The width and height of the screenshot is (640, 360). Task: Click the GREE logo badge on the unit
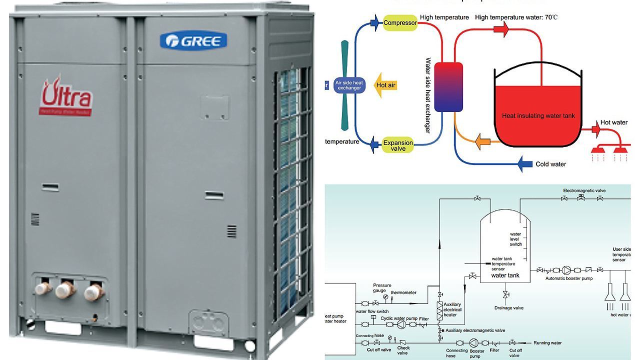(193, 40)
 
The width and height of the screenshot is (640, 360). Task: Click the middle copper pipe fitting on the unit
(65, 289)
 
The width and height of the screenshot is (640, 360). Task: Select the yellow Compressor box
(400, 22)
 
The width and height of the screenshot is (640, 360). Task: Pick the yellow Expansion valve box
(398, 145)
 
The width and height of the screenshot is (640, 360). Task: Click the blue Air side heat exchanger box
(349, 85)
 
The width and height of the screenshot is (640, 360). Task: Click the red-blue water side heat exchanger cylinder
(448, 86)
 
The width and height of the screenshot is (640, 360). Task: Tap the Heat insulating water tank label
(538, 116)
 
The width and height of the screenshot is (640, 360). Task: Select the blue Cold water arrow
(524, 163)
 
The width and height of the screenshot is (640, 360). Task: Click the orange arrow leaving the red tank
(482, 141)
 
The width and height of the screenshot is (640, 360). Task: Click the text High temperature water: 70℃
(516, 17)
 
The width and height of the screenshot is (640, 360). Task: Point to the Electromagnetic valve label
(584, 190)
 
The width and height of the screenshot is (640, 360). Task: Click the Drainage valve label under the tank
(508, 308)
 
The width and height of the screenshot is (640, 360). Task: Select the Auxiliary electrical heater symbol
(440, 310)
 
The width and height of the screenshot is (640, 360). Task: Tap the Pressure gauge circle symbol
(385, 297)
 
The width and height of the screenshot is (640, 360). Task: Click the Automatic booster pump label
(568, 278)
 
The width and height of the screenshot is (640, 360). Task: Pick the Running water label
(547, 343)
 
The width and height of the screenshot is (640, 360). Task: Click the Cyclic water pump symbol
(401, 324)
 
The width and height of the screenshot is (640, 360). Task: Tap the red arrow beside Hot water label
(595, 129)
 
